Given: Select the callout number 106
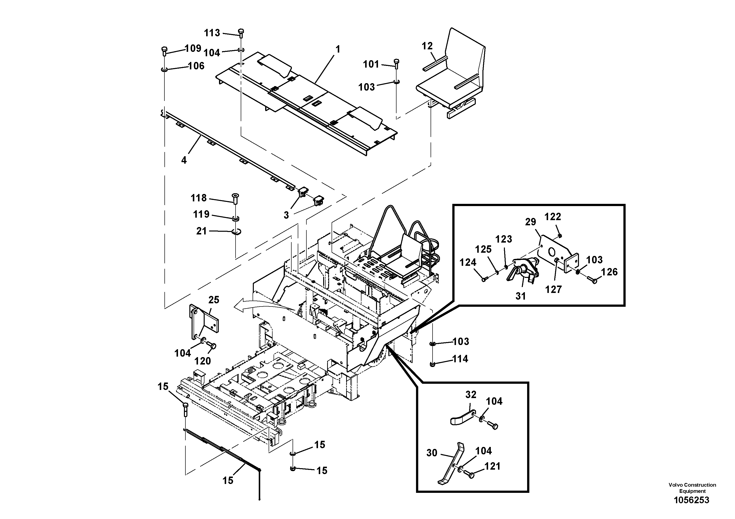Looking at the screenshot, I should click(196, 66).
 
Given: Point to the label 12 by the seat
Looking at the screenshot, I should click(427, 46).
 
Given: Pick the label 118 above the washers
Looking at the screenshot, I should click(199, 198).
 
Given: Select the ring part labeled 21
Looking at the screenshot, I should click(237, 232).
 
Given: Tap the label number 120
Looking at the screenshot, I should click(203, 361).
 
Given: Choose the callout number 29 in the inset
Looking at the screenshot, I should click(530, 222).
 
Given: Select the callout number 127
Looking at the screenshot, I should click(554, 289).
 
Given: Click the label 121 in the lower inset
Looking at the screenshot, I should click(492, 466).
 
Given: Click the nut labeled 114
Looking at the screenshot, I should click(433, 364).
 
